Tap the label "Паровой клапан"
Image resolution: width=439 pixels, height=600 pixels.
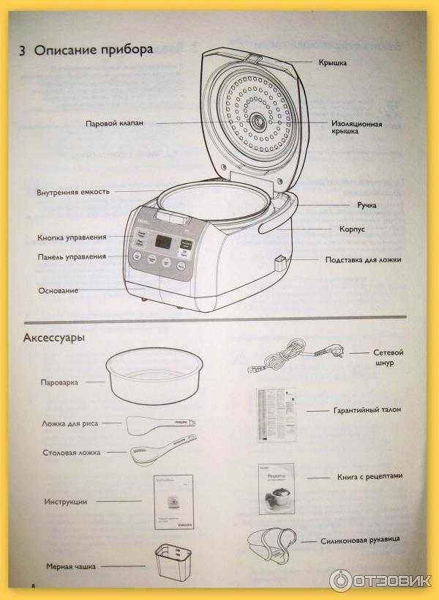[x=113, y=123]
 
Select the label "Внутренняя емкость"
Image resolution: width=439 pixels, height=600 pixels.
[x=73, y=192]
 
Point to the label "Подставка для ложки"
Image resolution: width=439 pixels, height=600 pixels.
[x=363, y=259]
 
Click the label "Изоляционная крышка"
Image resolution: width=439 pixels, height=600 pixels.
[x=356, y=127]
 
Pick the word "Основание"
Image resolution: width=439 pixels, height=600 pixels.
[x=59, y=291]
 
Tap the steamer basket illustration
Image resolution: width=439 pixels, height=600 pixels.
[x=154, y=377]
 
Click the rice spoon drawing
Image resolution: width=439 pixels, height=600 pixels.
[x=160, y=423]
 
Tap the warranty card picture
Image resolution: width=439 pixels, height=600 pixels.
[x=276, y=414]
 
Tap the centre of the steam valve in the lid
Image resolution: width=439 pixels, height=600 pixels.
[x=258, y=122]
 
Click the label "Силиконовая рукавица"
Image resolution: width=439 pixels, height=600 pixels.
[x=360, y=541]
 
